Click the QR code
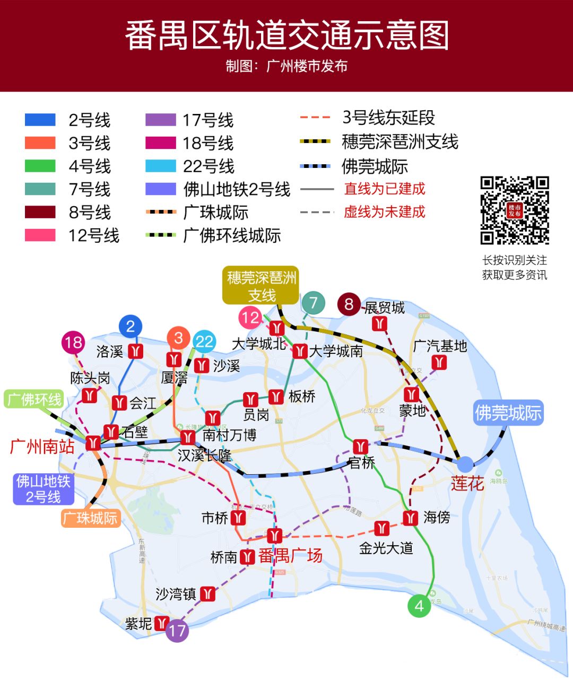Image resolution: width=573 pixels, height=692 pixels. point(514,210)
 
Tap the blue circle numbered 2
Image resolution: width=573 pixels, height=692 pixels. point(131,326)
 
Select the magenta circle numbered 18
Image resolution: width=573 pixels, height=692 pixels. point(73,342)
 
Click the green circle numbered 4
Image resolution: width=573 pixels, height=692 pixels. point(419,606)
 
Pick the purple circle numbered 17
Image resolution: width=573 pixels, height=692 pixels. point(177,631)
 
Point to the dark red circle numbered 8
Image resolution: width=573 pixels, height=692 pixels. point(349,304)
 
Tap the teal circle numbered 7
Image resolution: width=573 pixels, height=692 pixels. point(313,303)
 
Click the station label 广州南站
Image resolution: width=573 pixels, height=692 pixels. point(42,447)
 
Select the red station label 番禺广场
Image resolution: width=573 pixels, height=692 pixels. point(290,556)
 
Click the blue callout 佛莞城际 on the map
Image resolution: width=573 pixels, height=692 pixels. point(508,413)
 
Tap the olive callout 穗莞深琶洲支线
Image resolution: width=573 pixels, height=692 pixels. point(261,286)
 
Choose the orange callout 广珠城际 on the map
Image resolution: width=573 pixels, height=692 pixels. point(91,518)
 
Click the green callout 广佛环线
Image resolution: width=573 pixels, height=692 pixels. point(34,399)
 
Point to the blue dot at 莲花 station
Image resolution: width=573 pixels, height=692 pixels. point(465,465)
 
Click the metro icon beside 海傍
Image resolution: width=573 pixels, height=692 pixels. point(411,518)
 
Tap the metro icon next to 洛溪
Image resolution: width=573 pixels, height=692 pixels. point(136,351)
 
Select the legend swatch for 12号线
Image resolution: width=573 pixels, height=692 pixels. point(40,235)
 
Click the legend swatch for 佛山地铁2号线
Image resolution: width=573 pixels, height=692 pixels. point(161,189)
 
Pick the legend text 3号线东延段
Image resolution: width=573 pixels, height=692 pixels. point(389,118)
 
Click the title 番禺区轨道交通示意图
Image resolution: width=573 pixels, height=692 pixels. point(286,36)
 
